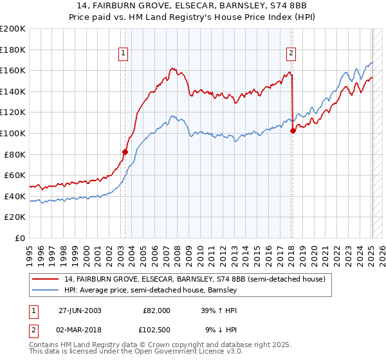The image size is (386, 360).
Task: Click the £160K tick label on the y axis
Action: pos(13,70)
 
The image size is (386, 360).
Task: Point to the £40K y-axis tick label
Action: pos(15,196)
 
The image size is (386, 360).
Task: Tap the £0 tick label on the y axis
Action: pos(20,238)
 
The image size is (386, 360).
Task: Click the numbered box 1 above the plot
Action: pos(123,53)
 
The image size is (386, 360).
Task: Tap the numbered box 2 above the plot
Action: pos(291,53)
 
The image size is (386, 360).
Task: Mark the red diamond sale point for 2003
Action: pos(125,152)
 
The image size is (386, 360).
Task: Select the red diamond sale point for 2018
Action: pos(293,130)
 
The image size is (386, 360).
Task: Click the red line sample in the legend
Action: pos(46,279)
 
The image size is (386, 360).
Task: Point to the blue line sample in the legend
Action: pos(46,290)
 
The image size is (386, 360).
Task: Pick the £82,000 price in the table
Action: pos(156,310)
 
